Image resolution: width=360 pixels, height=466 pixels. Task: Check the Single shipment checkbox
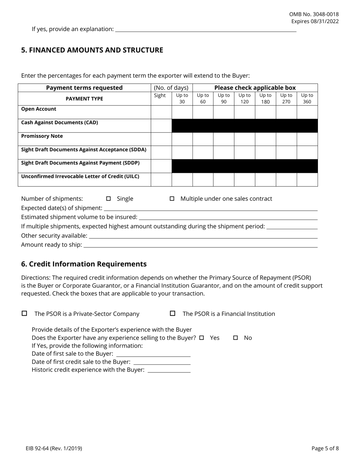(x=108, y=199)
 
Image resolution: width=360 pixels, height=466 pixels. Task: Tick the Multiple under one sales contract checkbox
(x=172, y=199)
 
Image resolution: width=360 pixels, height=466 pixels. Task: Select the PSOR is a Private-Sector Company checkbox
(x=25, y=313)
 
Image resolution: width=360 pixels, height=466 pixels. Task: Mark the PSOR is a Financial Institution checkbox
(x=172, y=313)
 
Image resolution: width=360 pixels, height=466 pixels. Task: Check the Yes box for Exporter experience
(x=202, y=338)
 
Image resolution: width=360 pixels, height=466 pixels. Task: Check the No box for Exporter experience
(x=235, y=338)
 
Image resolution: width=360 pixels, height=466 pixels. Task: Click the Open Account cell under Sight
(x=161, y=112)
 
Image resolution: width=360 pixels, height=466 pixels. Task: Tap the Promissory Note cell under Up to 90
(x=224, y=139)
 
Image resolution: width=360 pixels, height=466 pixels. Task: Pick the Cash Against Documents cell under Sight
(x=161, y=126)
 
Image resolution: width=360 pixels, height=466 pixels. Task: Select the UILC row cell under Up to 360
(x=307, y=180)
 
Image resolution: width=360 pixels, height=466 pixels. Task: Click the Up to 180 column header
(x=265, y=99)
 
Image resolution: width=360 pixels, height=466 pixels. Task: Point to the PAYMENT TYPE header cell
(x=84, y=99)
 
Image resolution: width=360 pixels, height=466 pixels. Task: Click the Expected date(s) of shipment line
(x=210, y=208)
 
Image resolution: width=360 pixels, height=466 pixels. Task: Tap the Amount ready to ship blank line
(x=200, y=245)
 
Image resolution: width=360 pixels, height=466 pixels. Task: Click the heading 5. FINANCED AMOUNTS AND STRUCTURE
(x=92, y=50)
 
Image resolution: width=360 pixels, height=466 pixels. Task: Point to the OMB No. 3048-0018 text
(x=314, y=14)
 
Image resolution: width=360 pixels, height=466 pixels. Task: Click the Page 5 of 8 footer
(x=325, y=448)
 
